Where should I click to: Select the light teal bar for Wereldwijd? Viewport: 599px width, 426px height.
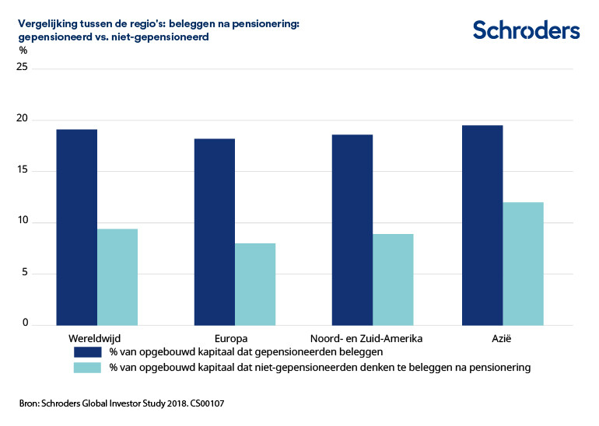click(117, 277)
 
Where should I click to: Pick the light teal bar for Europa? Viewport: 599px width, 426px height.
click(254, 284)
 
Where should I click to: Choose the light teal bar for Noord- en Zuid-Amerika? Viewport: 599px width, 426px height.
click(392, 279)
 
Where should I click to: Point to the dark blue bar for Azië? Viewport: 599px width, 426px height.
click(482, 225)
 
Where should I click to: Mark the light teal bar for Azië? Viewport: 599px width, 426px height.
click(523, 264)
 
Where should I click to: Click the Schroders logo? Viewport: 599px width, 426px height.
click(526, 30)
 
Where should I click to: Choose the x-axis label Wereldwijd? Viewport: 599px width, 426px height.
click(96, 339)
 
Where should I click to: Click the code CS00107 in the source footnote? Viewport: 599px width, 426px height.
click(205, 404)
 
